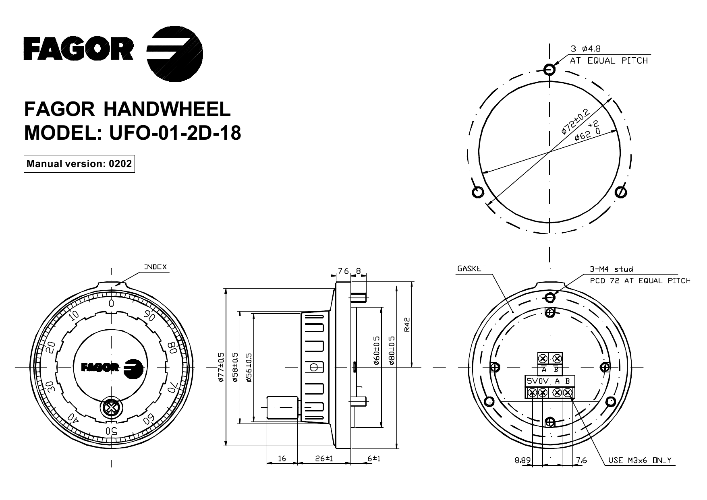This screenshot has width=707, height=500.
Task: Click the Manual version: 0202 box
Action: pyautogui.click(x=79, y=164)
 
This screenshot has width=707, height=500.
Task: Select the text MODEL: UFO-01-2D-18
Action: pyautogui.click(x=133, y=133)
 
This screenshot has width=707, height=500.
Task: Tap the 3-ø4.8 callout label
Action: pyautogui.click(x=585, y=49)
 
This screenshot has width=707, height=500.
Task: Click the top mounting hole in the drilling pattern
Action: pyautogui.click(x=549, y=70)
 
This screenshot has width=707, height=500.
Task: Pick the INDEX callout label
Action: pyautogui.click(x=155, y=267)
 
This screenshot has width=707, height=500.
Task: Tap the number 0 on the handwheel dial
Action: pyautogui.click(x=112, y=303)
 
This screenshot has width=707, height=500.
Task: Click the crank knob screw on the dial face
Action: pyautogui.click(x=111, y=408)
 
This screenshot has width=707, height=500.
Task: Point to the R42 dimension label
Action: pyautogui.click(x=407, y=324)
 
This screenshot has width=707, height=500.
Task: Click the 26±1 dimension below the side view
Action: pyautogui.click(x=324, y=459)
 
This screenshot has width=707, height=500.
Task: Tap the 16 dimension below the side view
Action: pyautogui.click(x=282, y=459)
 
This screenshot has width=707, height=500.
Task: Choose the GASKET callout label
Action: pyautogui.click(x=472, y=269)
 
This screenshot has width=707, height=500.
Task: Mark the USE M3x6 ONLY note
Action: pyautogui.click(x=640, y=460)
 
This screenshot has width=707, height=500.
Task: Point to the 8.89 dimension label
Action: pyautogui.click(x=522, y=460)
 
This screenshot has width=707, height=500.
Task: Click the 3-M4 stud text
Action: pyautogui.click(x=611, y=269)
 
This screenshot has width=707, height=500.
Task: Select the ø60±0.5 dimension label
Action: pyautogui.click(x=377, y=350)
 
